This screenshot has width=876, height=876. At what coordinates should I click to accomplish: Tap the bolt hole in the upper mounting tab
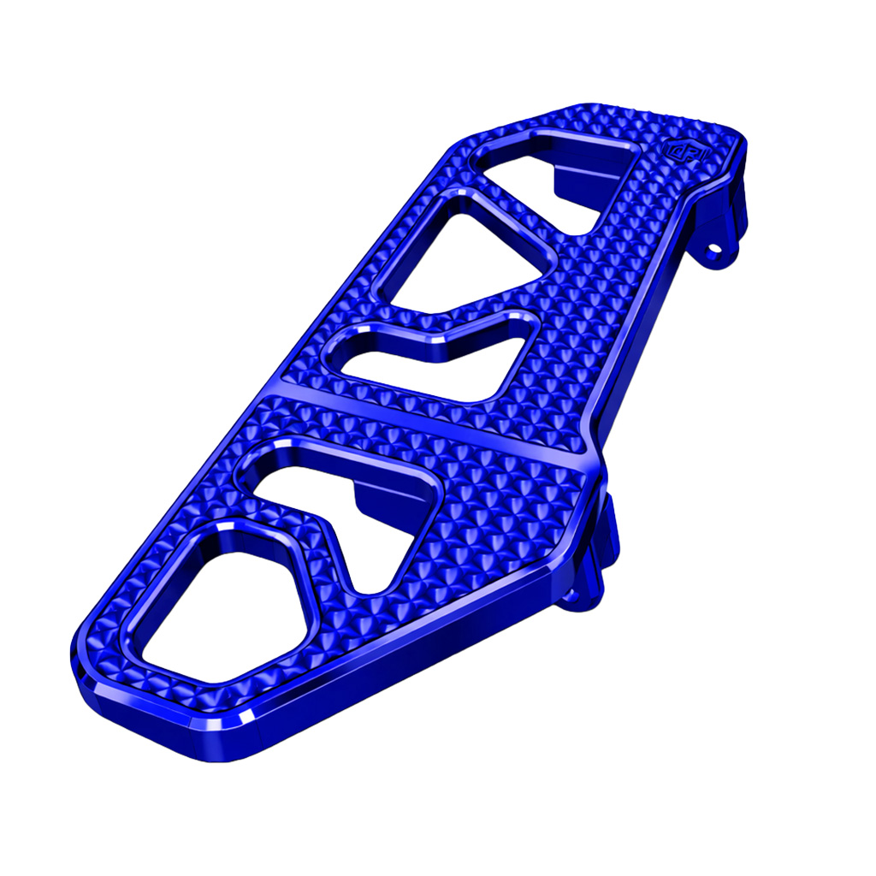tap(712, 250)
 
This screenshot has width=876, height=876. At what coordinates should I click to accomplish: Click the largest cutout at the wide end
tap(218, 607)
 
